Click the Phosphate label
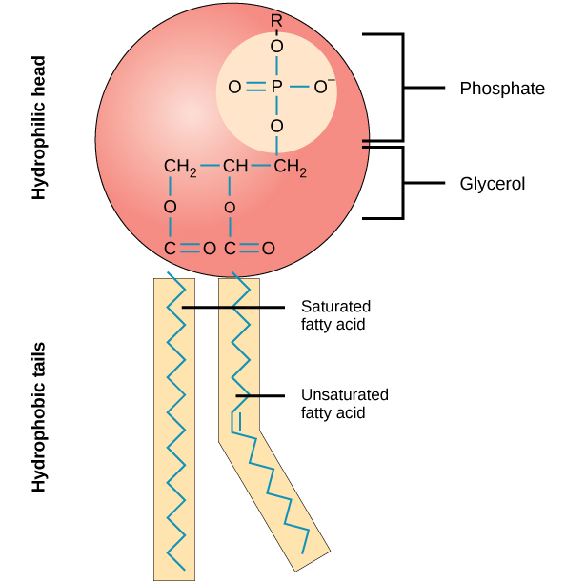(501, 89)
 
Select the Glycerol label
(492, 182)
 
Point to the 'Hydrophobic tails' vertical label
(39, 419)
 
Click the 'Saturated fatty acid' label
(335, 315)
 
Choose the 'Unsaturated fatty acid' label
(344, 404)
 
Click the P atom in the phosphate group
(277, 88)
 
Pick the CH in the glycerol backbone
(234, 168)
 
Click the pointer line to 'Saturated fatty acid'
(233, 307)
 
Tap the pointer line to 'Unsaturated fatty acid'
(260, 395)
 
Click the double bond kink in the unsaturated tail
(235, 420)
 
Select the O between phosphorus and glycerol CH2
(277, 126)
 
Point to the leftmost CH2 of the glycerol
(179, 169)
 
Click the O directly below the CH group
(229, 207)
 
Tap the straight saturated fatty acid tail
(174, 429)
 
